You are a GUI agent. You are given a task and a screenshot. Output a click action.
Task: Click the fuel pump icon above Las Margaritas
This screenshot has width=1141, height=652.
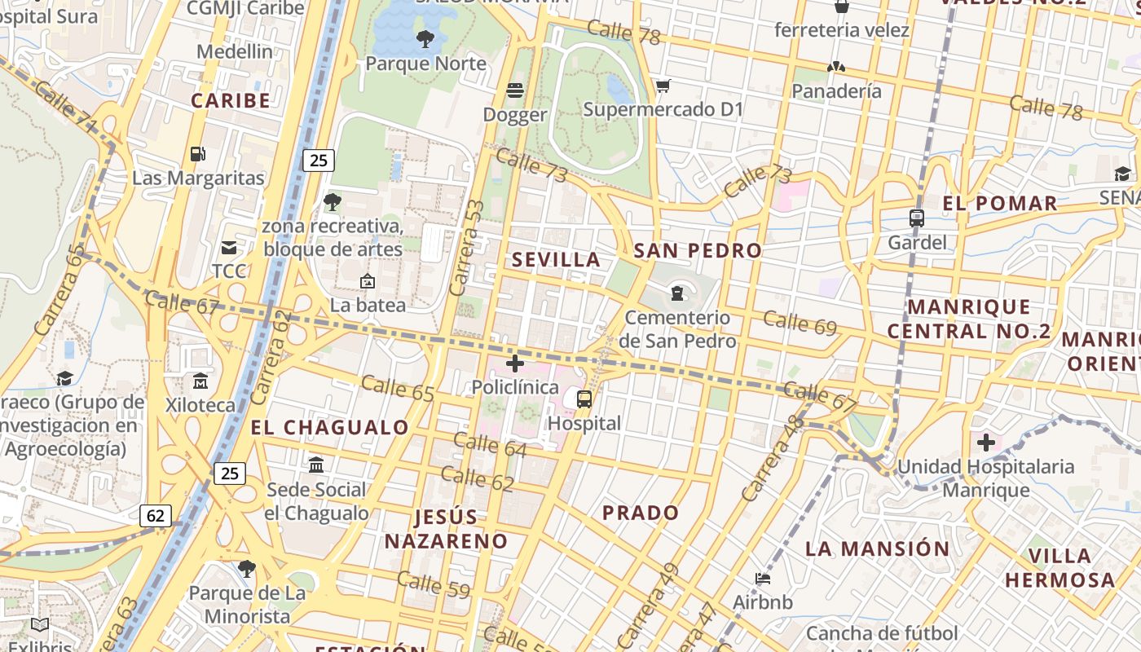[x=197, y=153]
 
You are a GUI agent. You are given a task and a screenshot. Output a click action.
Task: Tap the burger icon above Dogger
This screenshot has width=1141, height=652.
[x=515, y=90]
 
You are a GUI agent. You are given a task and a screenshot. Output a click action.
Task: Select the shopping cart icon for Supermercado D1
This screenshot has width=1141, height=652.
[x=663, y=86]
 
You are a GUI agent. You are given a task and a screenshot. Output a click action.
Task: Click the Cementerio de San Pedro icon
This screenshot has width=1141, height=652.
[x=677, y=293]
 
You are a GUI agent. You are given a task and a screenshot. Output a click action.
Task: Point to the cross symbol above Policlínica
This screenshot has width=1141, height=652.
[x=515, y=363]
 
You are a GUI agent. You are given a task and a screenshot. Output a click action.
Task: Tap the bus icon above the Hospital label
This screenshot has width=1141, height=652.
[x=584, y=399]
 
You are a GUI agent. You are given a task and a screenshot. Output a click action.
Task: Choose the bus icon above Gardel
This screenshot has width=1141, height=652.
[x=917, y=218]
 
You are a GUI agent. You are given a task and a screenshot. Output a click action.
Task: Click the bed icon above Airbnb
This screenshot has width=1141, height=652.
[x=763, y=579]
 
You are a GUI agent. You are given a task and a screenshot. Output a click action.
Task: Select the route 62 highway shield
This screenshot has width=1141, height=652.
[x=156, y=515]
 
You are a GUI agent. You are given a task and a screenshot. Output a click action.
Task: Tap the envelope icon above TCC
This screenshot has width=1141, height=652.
[x=229, y=247]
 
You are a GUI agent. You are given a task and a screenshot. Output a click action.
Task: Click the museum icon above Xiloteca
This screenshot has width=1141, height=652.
[x=200, y=381]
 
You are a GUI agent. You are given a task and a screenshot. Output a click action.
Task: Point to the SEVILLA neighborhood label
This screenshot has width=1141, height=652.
[x=557, y=260]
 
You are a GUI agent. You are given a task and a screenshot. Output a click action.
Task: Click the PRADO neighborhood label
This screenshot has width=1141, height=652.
[x=641, y=513]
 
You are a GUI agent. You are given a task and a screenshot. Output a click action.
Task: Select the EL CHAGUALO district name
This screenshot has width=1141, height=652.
[x=329, y=427]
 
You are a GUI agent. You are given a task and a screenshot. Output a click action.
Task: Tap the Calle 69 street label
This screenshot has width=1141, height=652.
[x=800, y=323]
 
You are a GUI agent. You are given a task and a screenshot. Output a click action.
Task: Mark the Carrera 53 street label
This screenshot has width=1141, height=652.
[x=467, y=248]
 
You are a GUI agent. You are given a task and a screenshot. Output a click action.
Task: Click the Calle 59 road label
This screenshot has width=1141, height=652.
[x=433, y=584]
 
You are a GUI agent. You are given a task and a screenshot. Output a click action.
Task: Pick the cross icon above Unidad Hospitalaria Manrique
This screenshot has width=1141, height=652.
[x=986, y=443]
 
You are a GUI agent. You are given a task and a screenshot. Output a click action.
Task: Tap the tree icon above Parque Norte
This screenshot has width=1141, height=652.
[x=425, y=38]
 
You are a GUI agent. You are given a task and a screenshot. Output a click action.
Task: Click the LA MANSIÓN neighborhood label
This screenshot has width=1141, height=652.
[x=878, y=548]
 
